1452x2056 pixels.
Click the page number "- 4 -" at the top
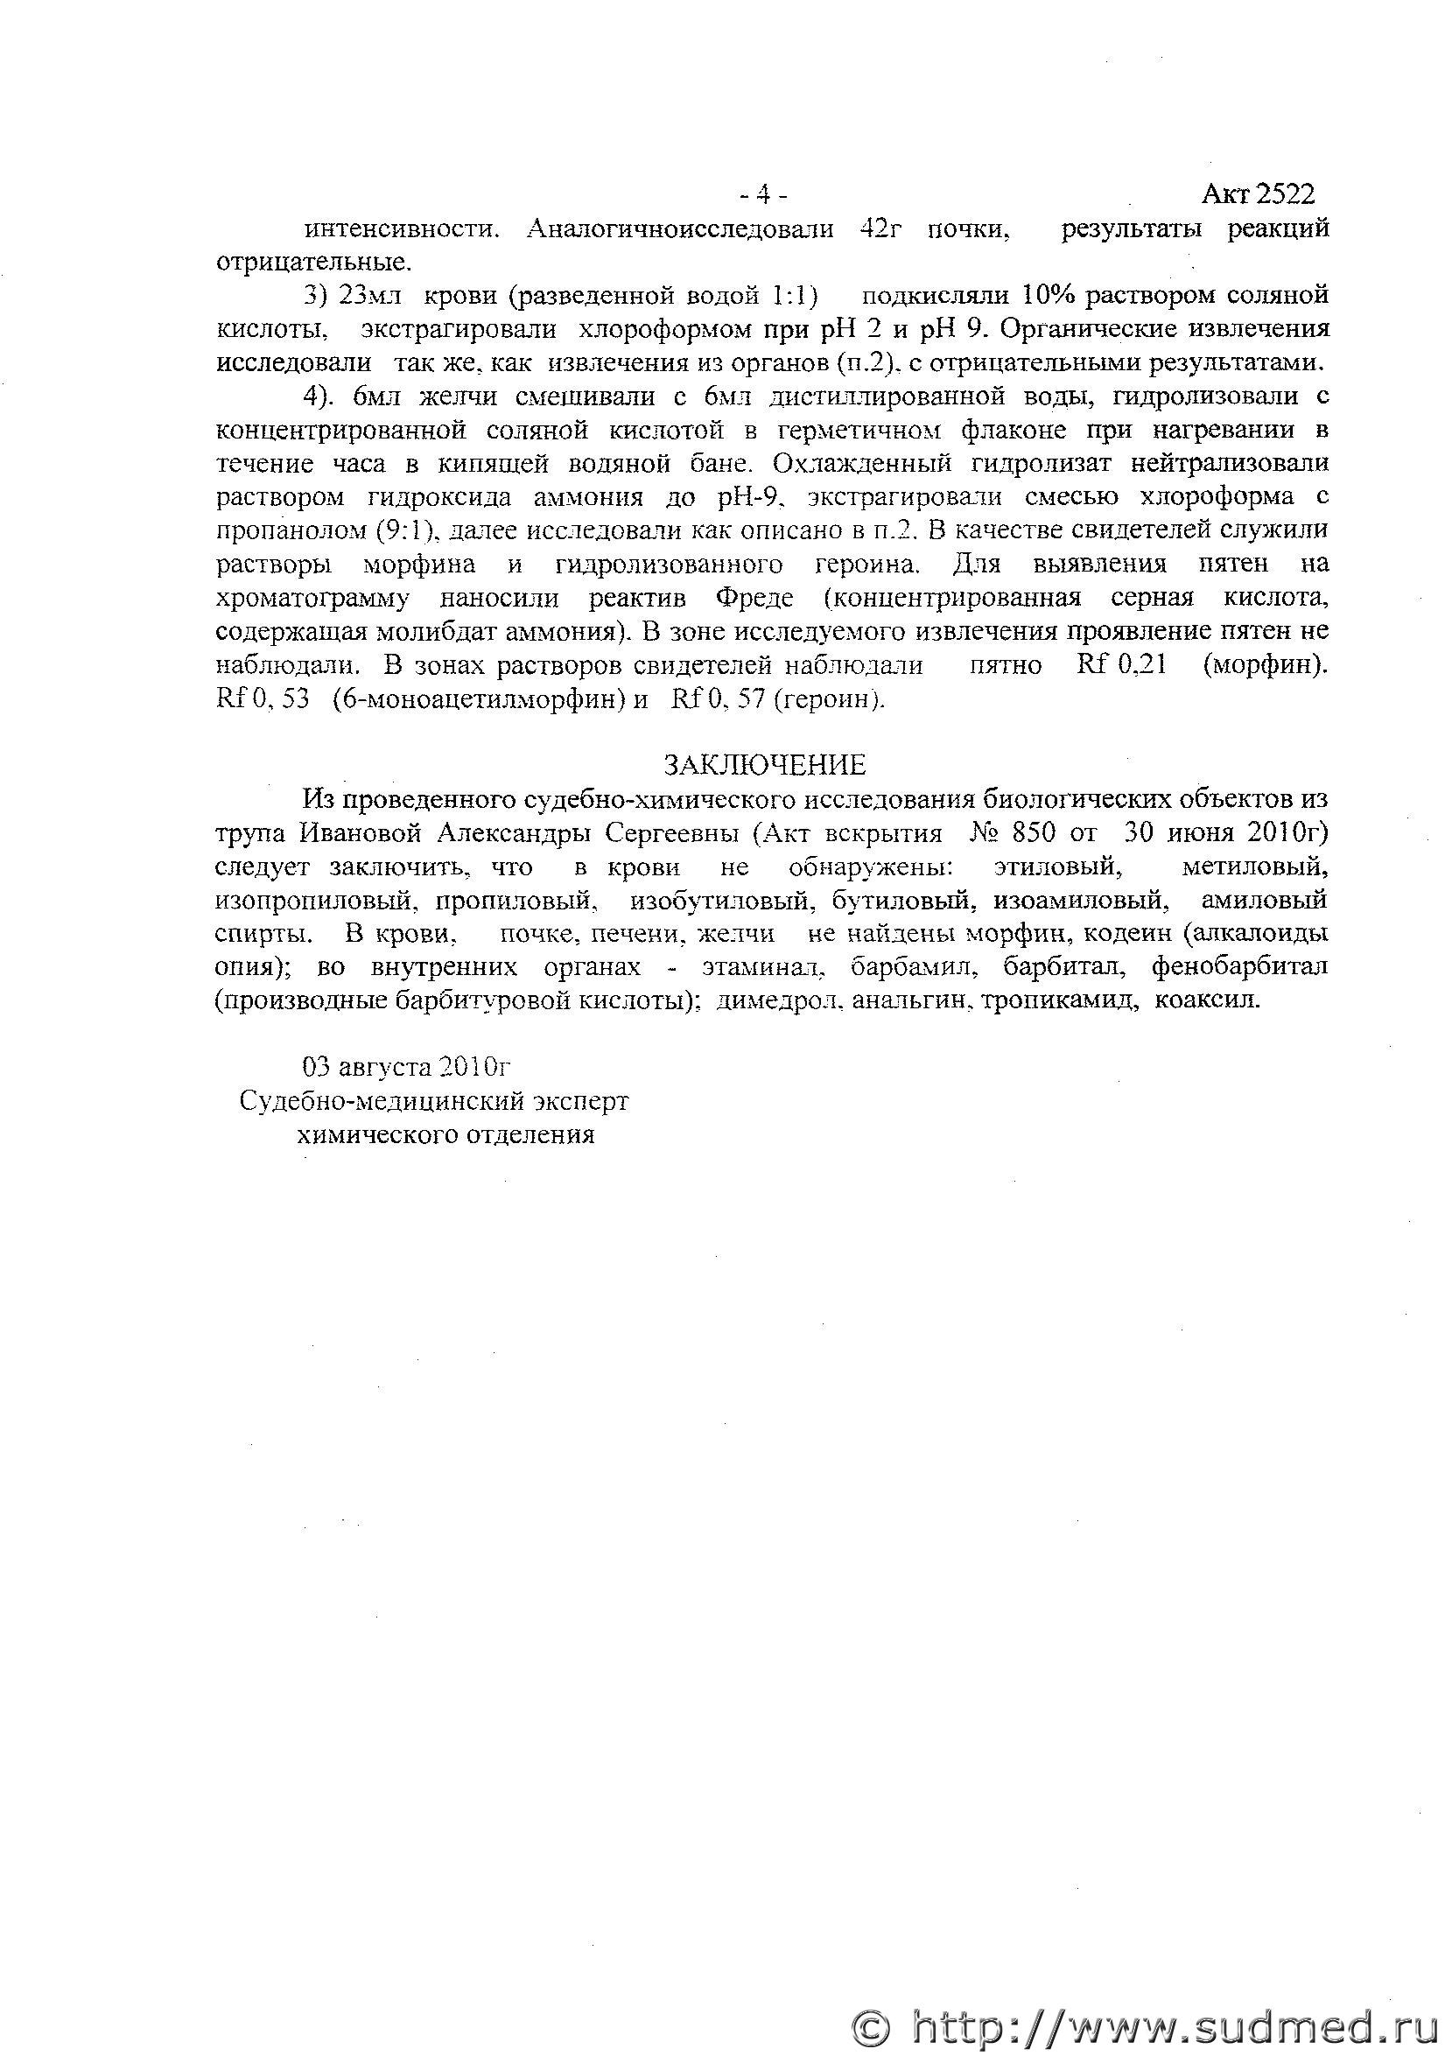coord(762,193)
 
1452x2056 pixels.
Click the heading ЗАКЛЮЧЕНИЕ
coord(763,764)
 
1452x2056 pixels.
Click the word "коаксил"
coord(1207,1000)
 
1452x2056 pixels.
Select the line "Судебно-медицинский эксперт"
coord(434,1100)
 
